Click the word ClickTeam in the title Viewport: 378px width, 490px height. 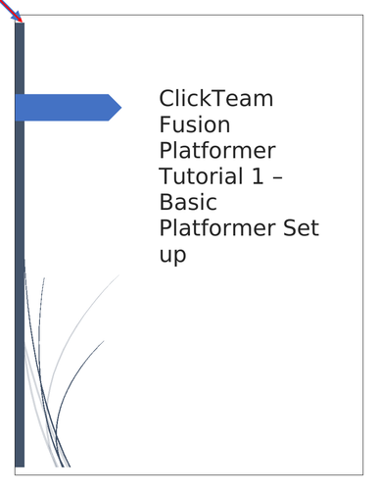pyautogui.click(x=216, y=100)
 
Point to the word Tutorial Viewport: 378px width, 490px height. pyautogui.click(x=197, y=177)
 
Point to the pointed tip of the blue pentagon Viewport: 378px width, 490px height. pyautogui.click(x=119, y=108)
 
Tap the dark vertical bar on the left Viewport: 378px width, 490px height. pyautogui.click(x=20, y=294)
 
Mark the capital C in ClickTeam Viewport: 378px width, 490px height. pyautogui.click(x=166, y=100)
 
